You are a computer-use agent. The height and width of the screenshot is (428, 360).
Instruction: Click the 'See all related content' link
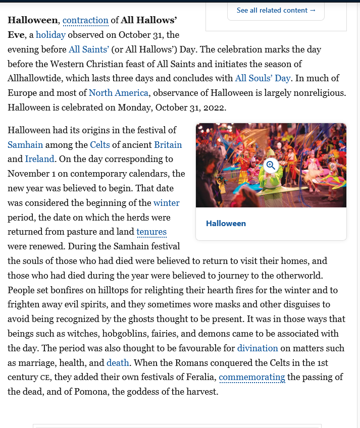276,10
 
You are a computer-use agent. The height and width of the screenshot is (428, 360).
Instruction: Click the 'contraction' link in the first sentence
85,21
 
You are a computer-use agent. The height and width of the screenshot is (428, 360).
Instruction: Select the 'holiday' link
50,35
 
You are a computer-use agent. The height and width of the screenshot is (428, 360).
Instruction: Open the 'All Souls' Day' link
263,78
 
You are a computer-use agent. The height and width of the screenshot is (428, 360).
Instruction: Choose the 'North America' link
119,93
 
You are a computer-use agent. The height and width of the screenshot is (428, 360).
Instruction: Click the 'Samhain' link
25,145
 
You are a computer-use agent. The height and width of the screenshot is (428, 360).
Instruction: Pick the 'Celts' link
100,145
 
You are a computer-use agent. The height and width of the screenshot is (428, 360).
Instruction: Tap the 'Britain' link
168,145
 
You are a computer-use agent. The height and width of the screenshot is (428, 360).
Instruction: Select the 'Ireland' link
39,159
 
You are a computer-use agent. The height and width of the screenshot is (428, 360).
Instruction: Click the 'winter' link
167,203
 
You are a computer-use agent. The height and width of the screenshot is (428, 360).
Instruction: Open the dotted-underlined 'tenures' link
151,232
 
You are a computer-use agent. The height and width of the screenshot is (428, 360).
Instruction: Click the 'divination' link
258,348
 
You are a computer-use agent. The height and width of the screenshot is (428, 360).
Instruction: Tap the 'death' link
118,363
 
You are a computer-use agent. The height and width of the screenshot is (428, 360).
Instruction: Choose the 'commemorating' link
252,378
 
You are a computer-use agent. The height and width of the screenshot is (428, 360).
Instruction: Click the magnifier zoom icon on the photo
271,165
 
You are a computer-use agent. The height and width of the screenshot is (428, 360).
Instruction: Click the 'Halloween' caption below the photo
226,224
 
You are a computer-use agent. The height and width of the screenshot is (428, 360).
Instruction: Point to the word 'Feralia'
200,378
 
